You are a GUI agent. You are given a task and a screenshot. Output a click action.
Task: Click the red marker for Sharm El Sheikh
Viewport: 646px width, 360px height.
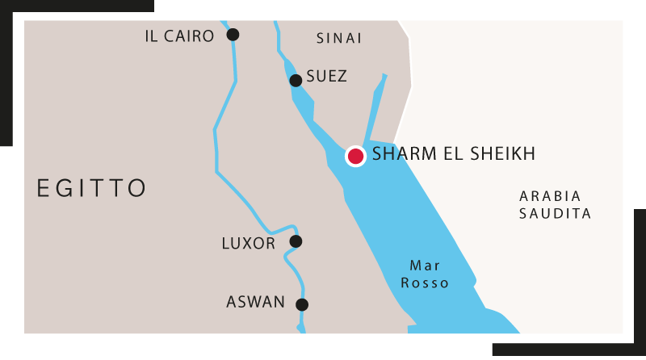(x=355, y=156)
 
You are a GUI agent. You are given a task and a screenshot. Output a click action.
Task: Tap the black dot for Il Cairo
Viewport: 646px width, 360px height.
(x=233, y=34)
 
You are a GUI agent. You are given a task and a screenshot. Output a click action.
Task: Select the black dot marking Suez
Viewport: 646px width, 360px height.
(x=296, y=80)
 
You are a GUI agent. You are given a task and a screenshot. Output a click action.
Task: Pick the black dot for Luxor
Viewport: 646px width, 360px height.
(x=296, y=241)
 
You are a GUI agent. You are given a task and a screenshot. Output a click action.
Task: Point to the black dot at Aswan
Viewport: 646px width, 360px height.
(x=302, y=304)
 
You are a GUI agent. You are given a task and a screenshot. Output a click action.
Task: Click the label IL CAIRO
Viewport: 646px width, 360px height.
(x=179, y=36)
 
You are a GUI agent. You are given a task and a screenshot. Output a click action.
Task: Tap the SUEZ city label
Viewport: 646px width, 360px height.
(x=327, y=77)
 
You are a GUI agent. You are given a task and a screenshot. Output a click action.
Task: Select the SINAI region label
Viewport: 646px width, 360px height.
(x=339, y=38)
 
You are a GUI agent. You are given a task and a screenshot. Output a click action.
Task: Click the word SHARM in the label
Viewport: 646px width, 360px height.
(x=403, y=154)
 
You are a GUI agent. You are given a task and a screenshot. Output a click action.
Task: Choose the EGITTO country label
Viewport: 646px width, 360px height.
(x=92, y=188)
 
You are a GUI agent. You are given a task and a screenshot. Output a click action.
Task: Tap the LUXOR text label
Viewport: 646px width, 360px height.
(x=249, y=243)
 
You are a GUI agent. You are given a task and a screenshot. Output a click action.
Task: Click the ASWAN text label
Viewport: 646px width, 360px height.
(x=256, y=303)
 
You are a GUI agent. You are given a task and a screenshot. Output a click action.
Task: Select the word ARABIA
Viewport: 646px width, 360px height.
(x=550, y=196)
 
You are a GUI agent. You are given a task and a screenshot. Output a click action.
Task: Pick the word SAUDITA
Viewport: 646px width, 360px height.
(x=556, y=214)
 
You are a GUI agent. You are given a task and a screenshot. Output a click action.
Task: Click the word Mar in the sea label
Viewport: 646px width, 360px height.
(x=425, y=265)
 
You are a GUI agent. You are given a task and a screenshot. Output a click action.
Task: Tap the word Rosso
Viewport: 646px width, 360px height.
(x=425, y=283)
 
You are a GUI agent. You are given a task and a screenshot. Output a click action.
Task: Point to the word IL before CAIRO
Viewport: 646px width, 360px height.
(x=151, y=36)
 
